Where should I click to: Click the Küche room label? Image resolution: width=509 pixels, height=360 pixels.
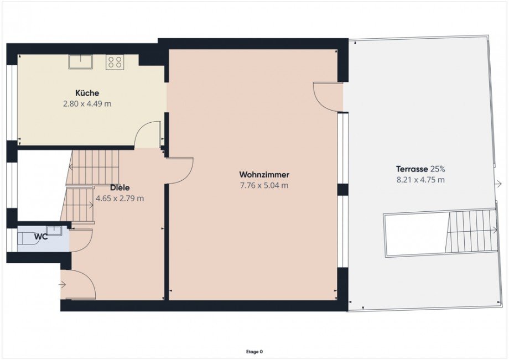[x=87, y=93]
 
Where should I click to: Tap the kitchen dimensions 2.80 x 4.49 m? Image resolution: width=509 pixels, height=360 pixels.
[x=87, y=103]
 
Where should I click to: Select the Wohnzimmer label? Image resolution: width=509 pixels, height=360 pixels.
[x=264, y=175]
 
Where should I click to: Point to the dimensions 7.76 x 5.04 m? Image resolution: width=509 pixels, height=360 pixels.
[x=264, y=186]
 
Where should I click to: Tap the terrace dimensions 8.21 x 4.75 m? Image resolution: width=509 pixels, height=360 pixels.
[x=420, y=179]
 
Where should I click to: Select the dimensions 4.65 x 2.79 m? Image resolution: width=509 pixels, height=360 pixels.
[x=120, y=198]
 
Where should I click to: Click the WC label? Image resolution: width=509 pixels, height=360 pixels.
[x=40, y=237]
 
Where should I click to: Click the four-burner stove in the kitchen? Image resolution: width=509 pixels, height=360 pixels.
[x=115, y=61]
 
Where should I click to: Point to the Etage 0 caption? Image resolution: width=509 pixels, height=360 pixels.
[x=254, y=351]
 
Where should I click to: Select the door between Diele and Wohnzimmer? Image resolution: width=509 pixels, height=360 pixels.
[x=180, y=170]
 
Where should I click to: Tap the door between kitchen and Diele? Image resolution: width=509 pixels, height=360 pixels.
[x=148, y=135]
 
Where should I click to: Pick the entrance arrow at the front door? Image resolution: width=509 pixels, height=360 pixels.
[x=62, y=285]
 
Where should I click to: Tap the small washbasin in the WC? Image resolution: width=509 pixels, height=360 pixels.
[x=54, y=231]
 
